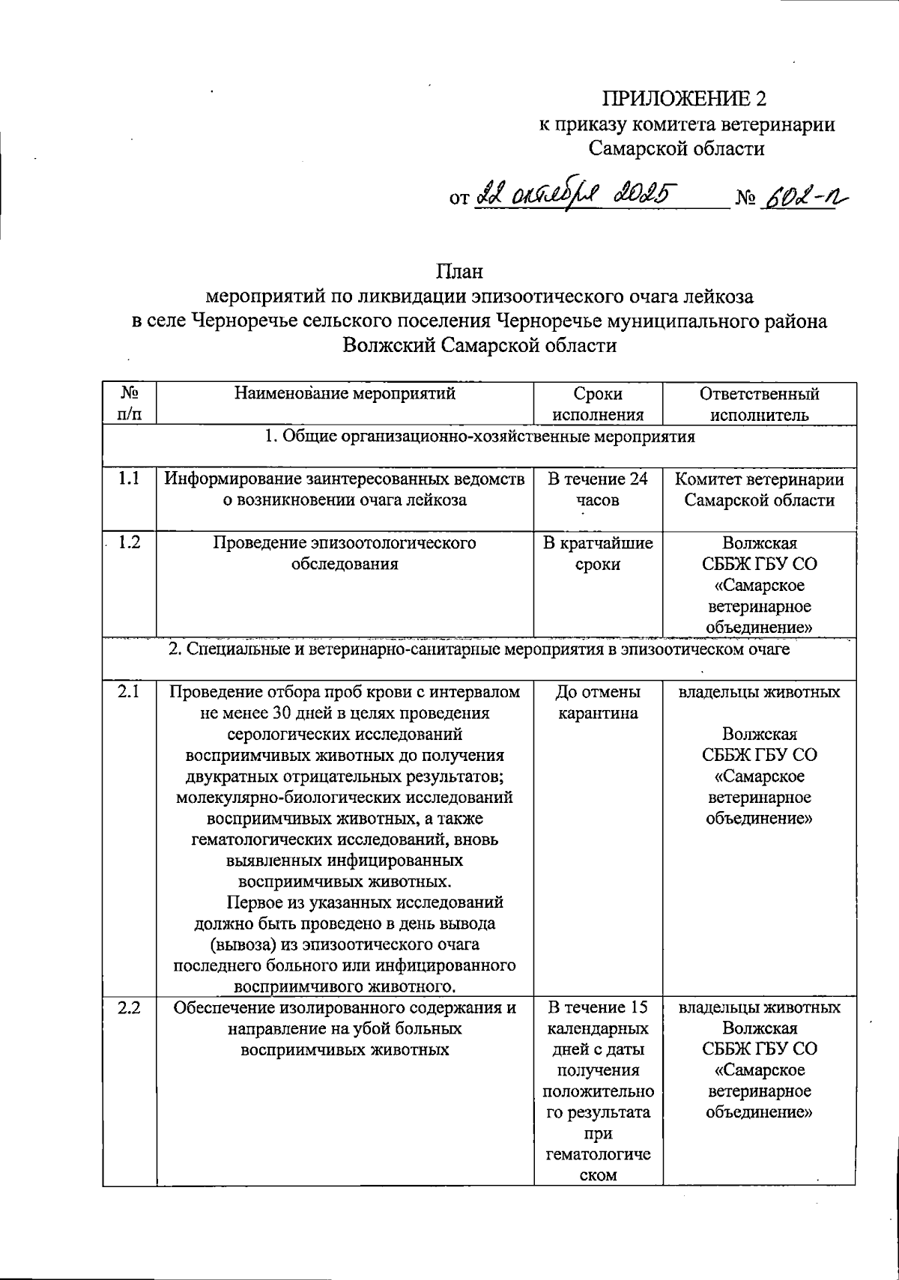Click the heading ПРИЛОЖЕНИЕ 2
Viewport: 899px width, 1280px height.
pos(685,99)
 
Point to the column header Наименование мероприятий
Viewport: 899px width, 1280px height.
pos(345,393)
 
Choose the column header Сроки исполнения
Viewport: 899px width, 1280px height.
pos(597,404)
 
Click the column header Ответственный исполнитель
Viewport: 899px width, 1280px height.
pos(759,404)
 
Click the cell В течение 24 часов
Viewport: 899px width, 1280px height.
pos(597,490)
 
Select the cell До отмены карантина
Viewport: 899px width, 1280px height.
pos(597,703)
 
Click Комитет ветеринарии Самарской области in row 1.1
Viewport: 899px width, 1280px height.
pos(759,490)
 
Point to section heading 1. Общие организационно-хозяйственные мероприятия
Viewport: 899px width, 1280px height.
pos(481,437)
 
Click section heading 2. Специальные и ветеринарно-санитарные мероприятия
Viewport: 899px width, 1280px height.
pos(479,649)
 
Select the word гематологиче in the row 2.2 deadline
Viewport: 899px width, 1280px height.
pos(597,1155)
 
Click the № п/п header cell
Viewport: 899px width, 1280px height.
pos(130,404)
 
